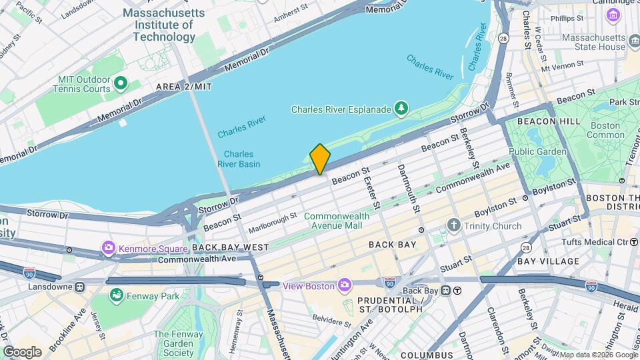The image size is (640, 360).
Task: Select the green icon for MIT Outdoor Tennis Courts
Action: (121, 83)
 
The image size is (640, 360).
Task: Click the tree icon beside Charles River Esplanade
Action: (401, 108)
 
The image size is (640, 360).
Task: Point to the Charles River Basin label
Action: (238, 159)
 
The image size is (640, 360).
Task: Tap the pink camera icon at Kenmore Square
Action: (108, 249)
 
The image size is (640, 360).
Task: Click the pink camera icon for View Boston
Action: (345, 285)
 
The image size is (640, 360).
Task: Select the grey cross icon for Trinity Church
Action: (455, 226)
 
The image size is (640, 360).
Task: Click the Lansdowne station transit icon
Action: (79, 287)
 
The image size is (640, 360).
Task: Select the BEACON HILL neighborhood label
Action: (531, 122)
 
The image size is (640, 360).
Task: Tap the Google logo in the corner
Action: (22, 351)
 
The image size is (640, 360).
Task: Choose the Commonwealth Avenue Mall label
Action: (333, 221)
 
